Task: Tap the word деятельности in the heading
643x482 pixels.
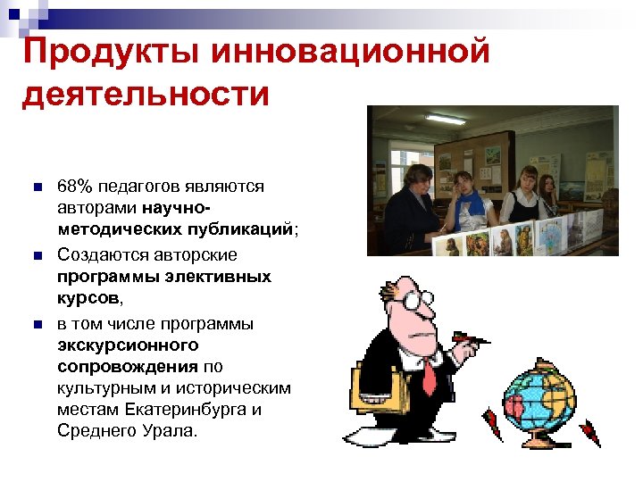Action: (145, 93)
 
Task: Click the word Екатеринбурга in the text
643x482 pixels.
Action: (204, 411)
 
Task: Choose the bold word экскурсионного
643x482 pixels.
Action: (128, 344)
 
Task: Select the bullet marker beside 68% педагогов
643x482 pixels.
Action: (36, 187)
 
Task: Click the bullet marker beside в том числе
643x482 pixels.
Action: (36, 322)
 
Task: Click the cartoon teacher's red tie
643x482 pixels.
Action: (429, 373)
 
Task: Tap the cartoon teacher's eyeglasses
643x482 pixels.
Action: (416, 301)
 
